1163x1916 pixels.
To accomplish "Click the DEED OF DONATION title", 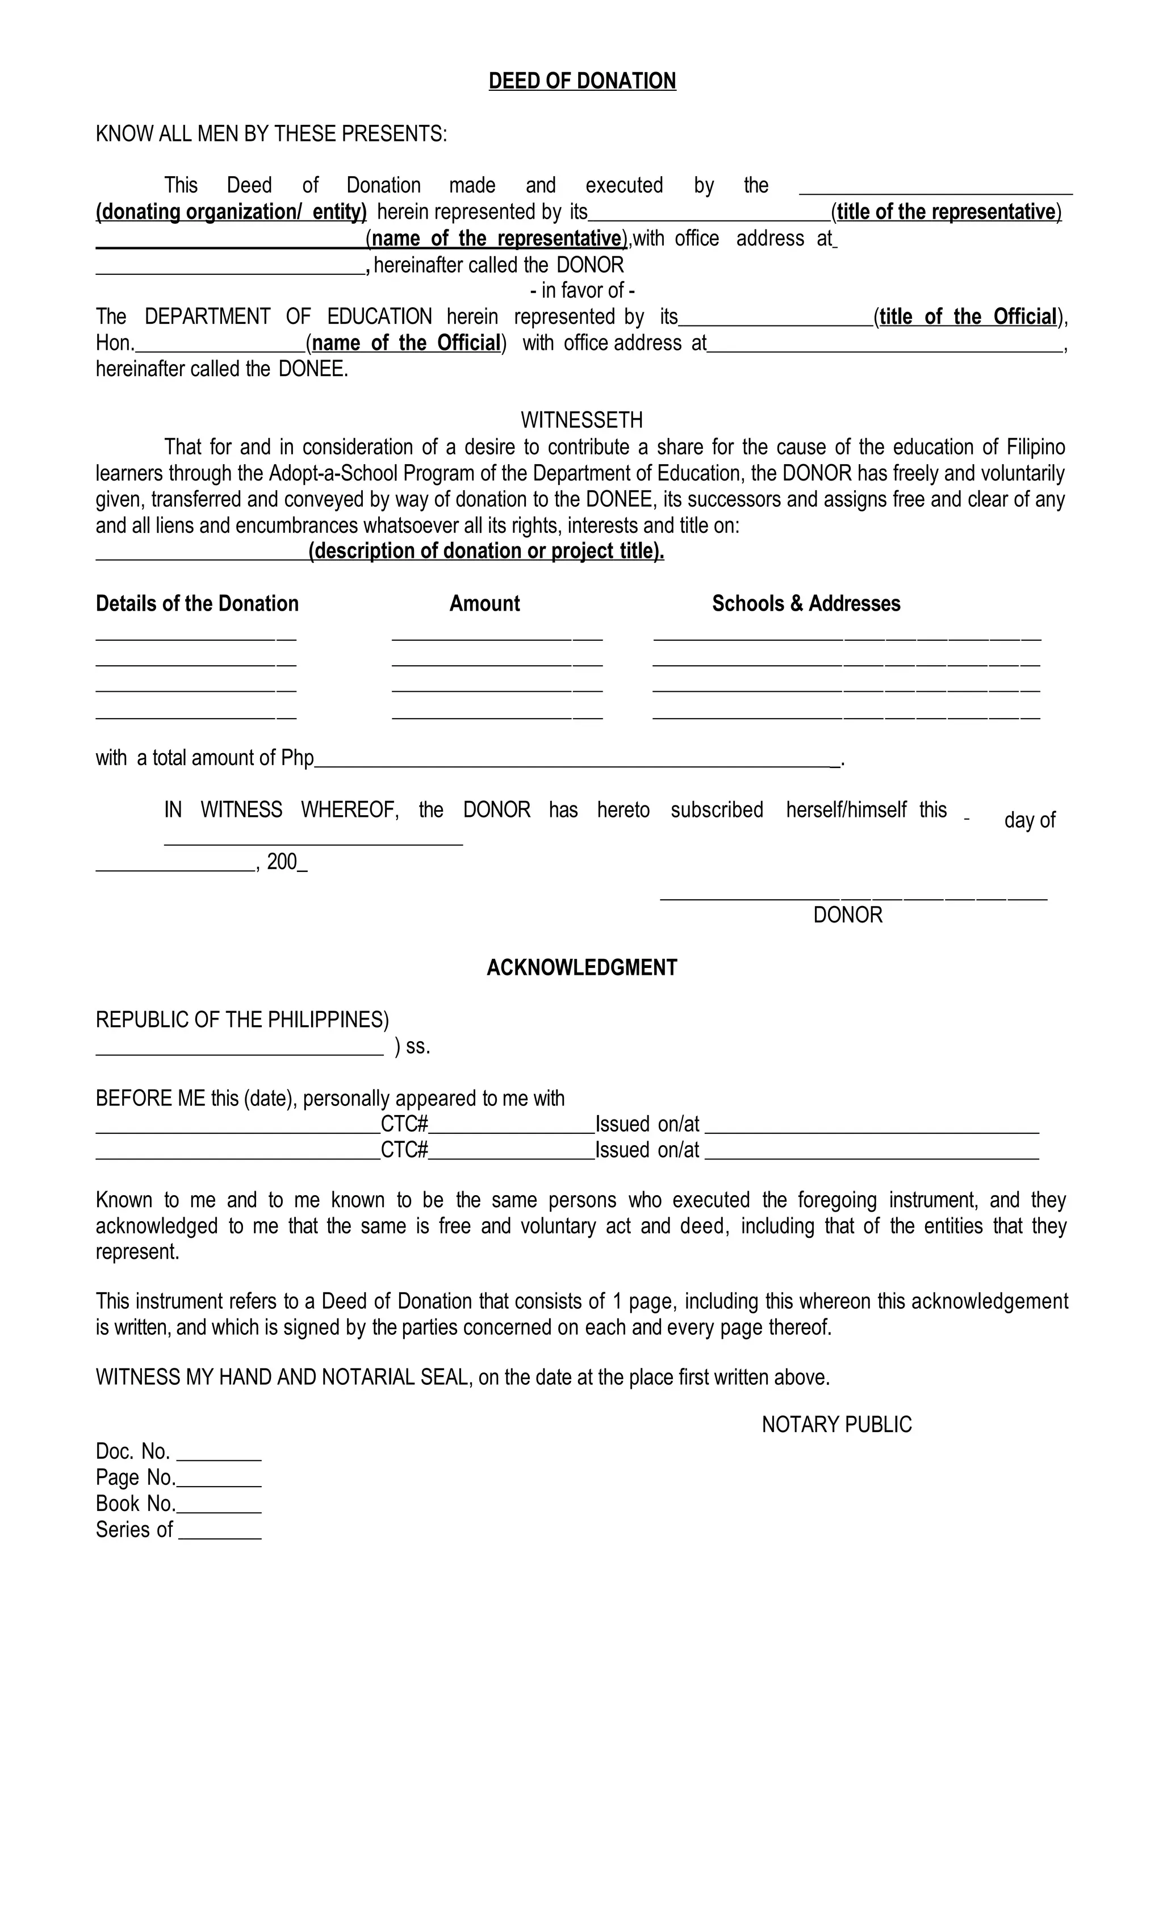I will pos(581,81).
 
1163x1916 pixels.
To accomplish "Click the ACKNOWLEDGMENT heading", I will pos(581,967).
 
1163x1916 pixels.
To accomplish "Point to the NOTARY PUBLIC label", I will pos(836,1425).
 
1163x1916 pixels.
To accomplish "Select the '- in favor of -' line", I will pos(582,291).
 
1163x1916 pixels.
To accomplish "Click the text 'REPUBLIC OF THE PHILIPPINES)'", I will pos(242,1020).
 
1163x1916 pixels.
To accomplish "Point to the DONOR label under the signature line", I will pos(847,915).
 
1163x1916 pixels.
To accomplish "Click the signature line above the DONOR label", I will pos(854,899).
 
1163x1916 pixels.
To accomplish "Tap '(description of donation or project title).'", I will pos(486,552).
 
